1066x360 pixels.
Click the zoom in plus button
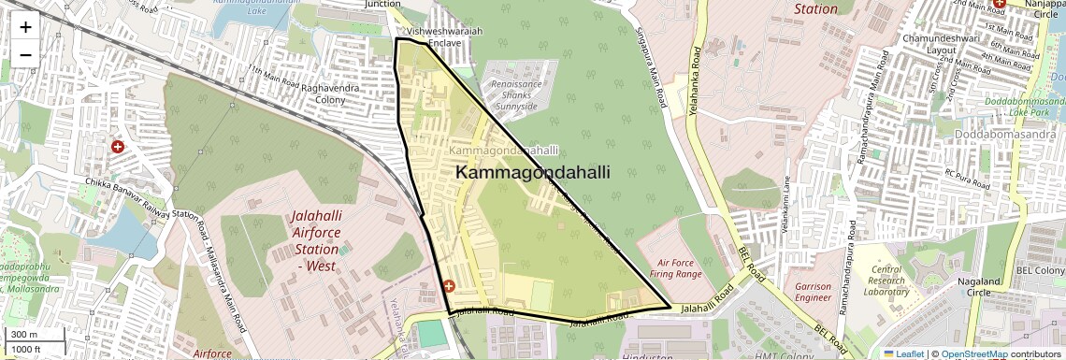coord(25,27)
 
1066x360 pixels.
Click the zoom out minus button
coord(25,55)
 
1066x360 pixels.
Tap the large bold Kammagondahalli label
coord(532,173)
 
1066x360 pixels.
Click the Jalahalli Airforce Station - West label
coord(316,241)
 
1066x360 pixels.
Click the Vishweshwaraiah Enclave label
coord(443,36)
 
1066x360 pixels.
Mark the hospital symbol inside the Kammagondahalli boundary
coord(449,286)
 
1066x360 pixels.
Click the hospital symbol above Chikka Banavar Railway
coord(118,147)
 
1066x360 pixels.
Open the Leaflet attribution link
coord(903,353)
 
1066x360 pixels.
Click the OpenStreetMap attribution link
coord(973,353)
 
